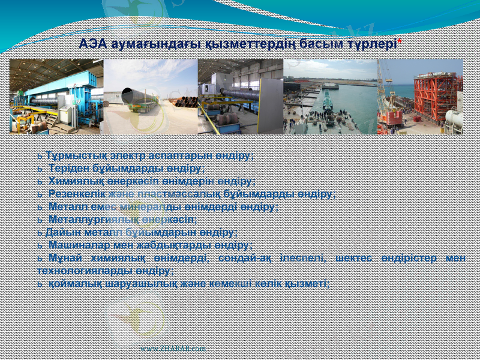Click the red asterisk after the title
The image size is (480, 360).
[400, 41]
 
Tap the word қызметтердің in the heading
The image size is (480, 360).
[239, 44]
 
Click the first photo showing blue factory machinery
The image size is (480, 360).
[56, 96]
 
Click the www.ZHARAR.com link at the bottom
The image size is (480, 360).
[173, 348]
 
